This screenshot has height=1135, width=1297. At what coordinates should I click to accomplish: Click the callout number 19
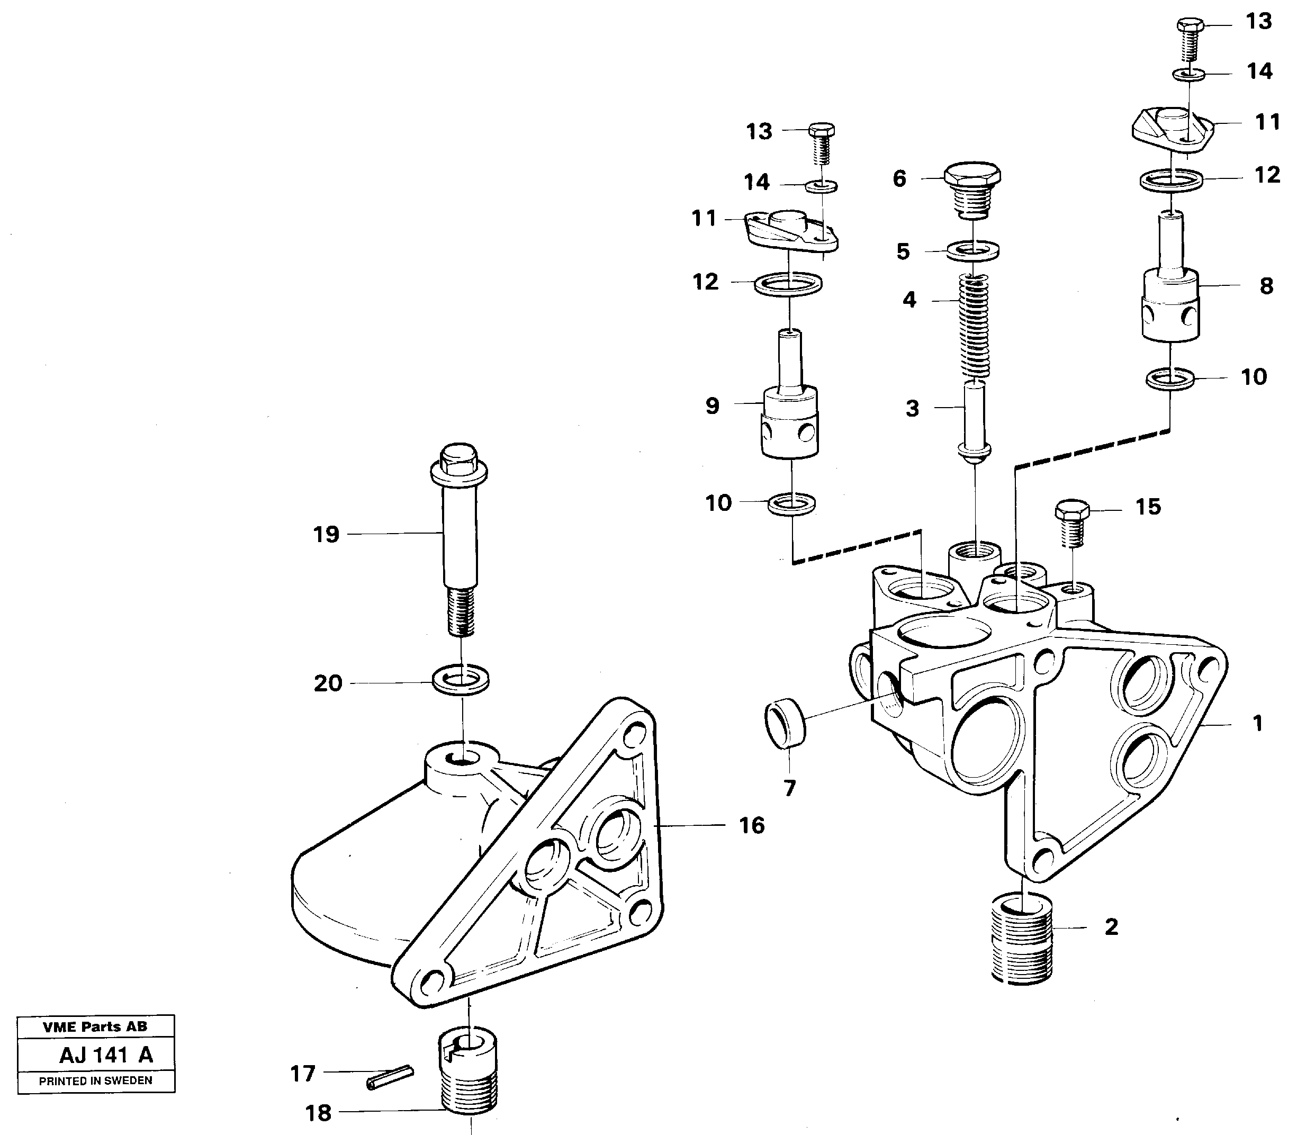pyautogui.click(x=326, y=535)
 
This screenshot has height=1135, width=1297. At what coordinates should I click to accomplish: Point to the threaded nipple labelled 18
pyautogui.click(x=468, y=1075)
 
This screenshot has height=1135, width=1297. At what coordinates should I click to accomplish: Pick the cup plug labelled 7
pyautogui.click(x=785, y=723)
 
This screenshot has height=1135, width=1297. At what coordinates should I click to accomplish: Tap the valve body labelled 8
pyautogui.click(x=1170, y=291)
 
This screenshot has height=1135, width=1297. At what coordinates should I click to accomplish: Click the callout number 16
pyautogui.click(x=752, y=825)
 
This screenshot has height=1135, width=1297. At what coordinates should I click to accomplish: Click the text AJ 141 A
pyautogui.click(x=106, y=1055)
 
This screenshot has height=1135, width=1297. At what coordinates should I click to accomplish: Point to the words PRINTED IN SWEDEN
pyautogui.click(x=96, y=1080)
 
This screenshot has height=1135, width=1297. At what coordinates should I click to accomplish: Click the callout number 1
pyautogui.click(x=1258, y=723)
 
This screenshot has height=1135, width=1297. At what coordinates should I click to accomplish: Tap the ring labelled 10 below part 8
pyautogui.click(x=1170, y=379)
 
